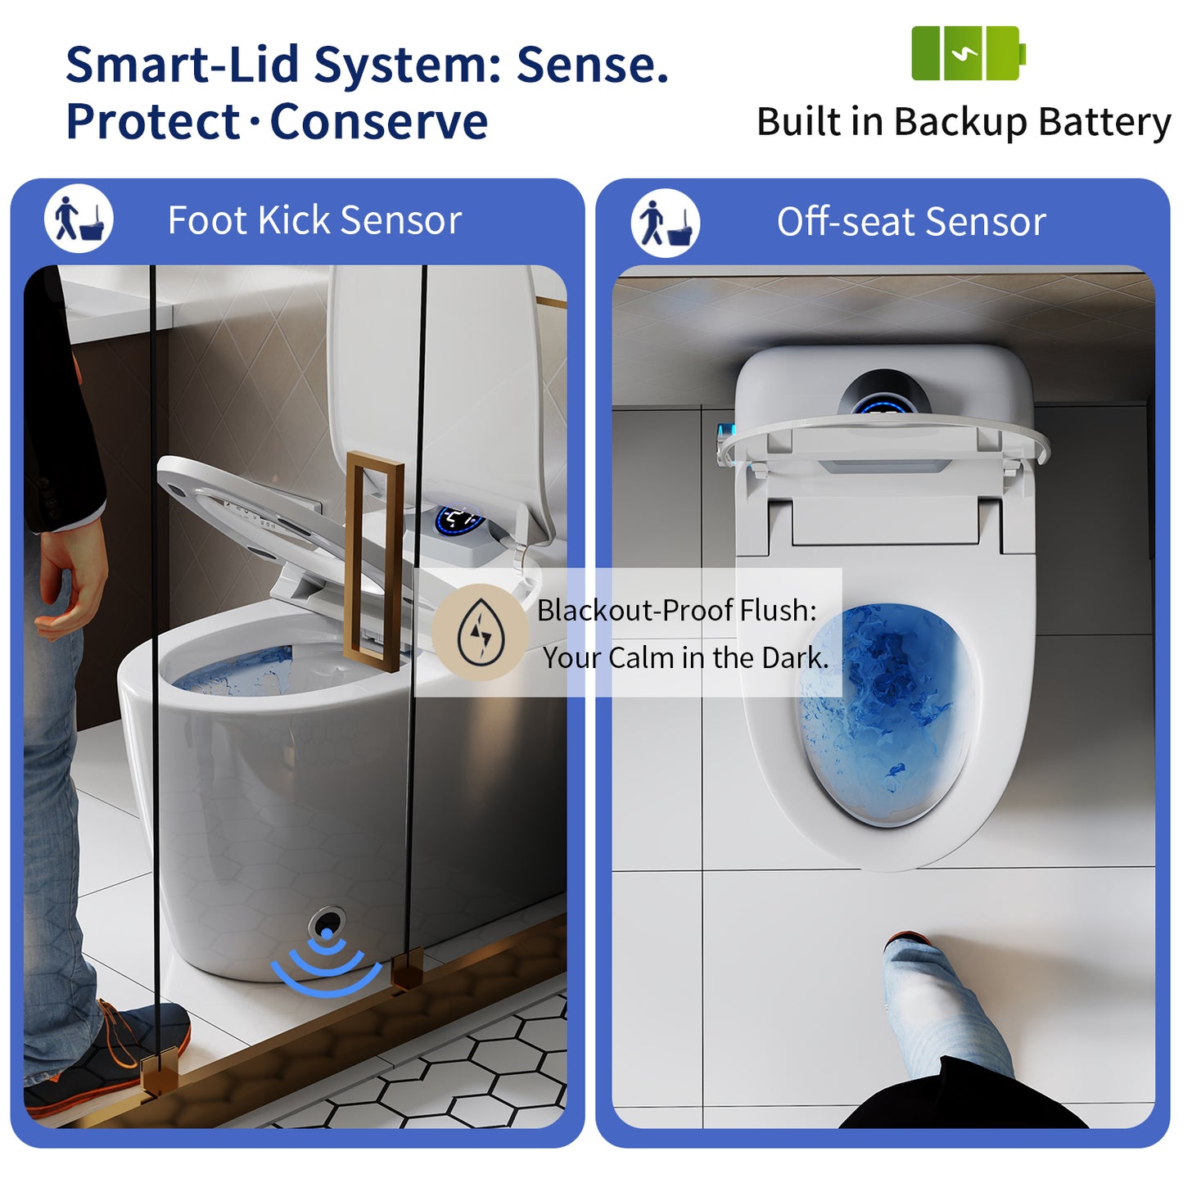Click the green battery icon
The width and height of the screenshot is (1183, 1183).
click(x=968, y=53)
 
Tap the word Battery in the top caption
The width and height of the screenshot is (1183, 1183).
click(x=1105, y=123)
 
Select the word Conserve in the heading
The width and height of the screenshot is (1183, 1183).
click(x=379, y=123)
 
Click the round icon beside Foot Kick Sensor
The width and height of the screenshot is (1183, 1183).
click(x=79, y=219)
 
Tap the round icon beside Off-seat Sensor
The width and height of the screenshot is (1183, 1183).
click(x=666, y=222)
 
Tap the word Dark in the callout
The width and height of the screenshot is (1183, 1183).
click(x=793, y=658)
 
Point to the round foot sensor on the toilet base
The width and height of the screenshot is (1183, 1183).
click(x=327, y=925)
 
